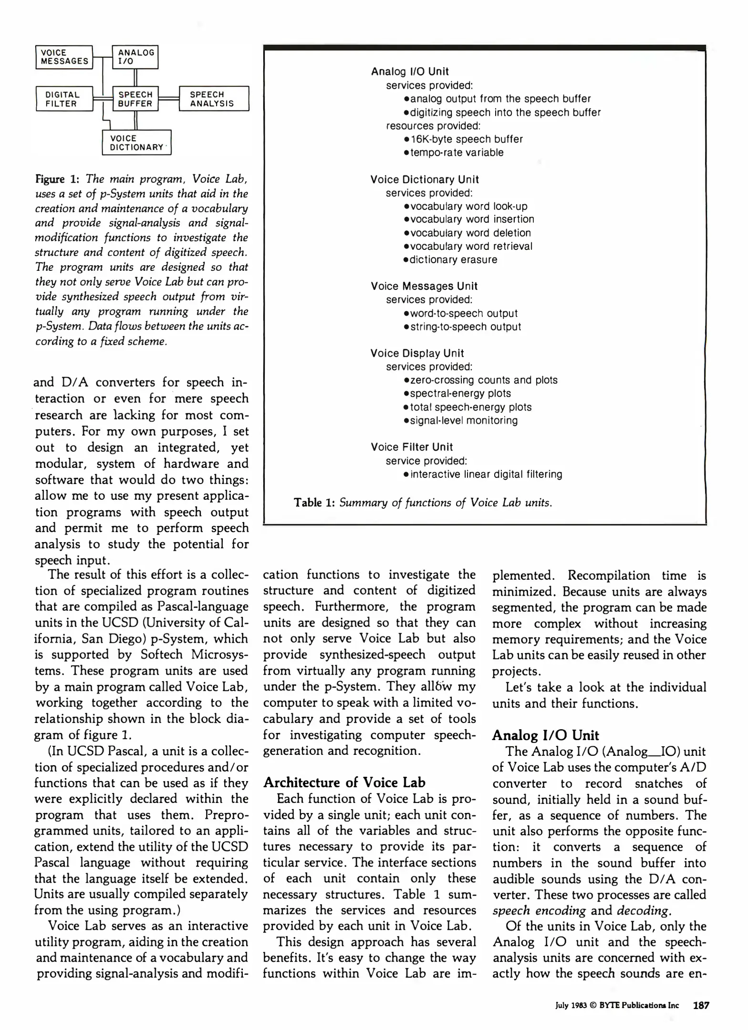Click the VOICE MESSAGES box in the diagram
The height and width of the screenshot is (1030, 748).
[x=64, y=57]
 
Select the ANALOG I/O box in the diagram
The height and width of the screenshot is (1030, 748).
[x=135, y=57]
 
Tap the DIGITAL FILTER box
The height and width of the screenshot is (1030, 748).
[x=64, y=99]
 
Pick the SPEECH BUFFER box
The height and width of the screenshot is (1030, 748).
[x=135, y=99]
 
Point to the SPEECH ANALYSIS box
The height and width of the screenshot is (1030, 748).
[x=214, y=99]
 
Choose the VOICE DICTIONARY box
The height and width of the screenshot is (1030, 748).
[x=136, y=143]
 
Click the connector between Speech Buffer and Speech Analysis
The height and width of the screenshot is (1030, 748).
[x=168, y=99]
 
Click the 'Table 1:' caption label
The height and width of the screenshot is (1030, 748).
[x=314, y=503]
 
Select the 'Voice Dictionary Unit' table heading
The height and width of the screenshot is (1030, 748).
[x=425, y=180]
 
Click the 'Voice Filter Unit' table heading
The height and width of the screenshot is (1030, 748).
[x=412, y=447]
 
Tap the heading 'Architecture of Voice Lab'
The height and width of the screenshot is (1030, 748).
[x=344, y=783]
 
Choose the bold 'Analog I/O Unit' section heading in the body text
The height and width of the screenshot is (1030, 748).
[x=545, y=735]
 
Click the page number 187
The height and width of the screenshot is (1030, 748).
[x=701, y=1005]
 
